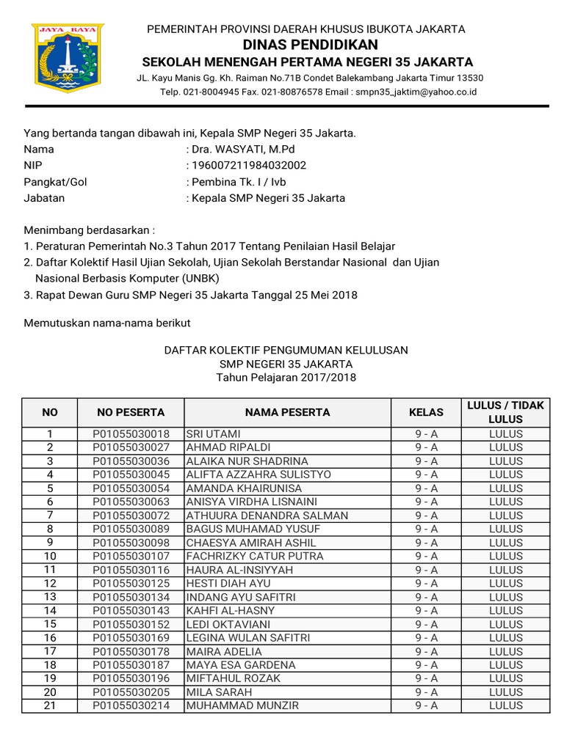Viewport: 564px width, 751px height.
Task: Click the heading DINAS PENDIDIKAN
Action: coord(306,45)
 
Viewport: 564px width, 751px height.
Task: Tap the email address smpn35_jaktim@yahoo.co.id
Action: coord(415,92)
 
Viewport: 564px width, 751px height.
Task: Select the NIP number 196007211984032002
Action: coord(249,166)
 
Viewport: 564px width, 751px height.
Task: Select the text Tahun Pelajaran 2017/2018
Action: coord(286,377)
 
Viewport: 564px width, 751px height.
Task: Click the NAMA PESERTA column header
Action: coord(287,412)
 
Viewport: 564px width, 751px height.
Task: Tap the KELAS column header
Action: coord(426,412)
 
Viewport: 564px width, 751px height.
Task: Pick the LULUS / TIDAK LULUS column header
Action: coord(505,412)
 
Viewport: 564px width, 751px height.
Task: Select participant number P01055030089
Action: coord(131,529)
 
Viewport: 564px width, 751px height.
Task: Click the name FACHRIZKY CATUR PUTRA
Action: coord(245,556)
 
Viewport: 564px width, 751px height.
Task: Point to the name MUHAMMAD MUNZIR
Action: coord(232,706)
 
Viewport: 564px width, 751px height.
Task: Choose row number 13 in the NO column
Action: coord(50,597)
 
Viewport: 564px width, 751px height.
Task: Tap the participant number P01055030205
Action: coord(131,692)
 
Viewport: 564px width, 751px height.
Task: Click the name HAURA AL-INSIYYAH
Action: coord(230,570)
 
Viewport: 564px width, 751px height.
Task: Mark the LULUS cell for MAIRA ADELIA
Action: coord(505,651)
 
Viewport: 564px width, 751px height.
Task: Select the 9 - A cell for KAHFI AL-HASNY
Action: coord(426,610)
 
